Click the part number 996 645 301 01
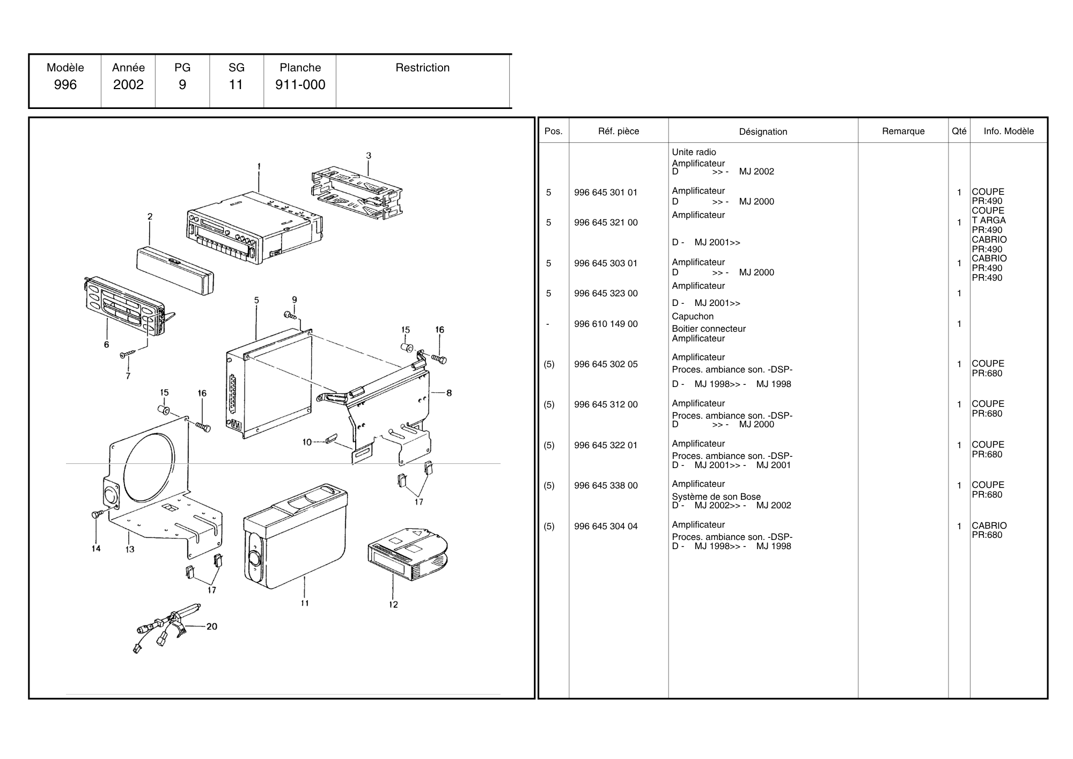click(606, 192)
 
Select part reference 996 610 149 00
click(606, 324)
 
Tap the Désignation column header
click(763, 132)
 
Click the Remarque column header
click(903, 131)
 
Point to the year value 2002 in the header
click(128, 85)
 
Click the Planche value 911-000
click(300, 85)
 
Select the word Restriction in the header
click(422, 68)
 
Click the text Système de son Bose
click(716, 497)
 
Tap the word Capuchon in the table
click(693, 316)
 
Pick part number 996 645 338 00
click(606, 485)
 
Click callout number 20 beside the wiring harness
click(212, 626)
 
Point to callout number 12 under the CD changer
click(393, 604)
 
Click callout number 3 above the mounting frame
click(369, 156)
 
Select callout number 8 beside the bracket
click(449, 393)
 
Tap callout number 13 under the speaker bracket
click(130, 549)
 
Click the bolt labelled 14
click(97, 514)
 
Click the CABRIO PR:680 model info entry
click(989, 530)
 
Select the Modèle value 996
click(65, 85)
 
